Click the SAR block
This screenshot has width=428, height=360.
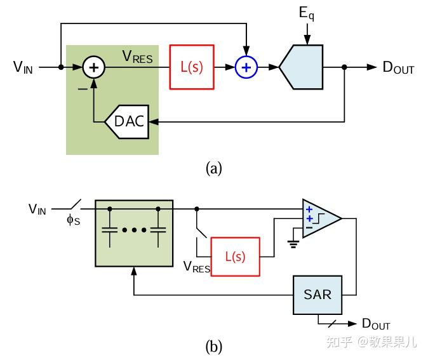point(318,295)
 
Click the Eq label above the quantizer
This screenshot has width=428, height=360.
point(307,13)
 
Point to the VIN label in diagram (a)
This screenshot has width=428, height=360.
point(23,67)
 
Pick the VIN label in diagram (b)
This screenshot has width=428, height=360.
point(37,209)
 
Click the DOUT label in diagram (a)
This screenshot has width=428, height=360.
point(398,67)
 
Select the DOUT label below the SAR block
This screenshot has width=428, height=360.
point(376,324)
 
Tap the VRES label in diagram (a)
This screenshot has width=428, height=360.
point(137,57)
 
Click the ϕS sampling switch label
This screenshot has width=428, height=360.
point(74,220)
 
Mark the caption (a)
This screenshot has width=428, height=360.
point(214,168)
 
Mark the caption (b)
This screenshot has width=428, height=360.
point(214,347)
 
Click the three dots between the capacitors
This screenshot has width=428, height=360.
point(134,230)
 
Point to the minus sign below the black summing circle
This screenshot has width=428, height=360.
point(83,89)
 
